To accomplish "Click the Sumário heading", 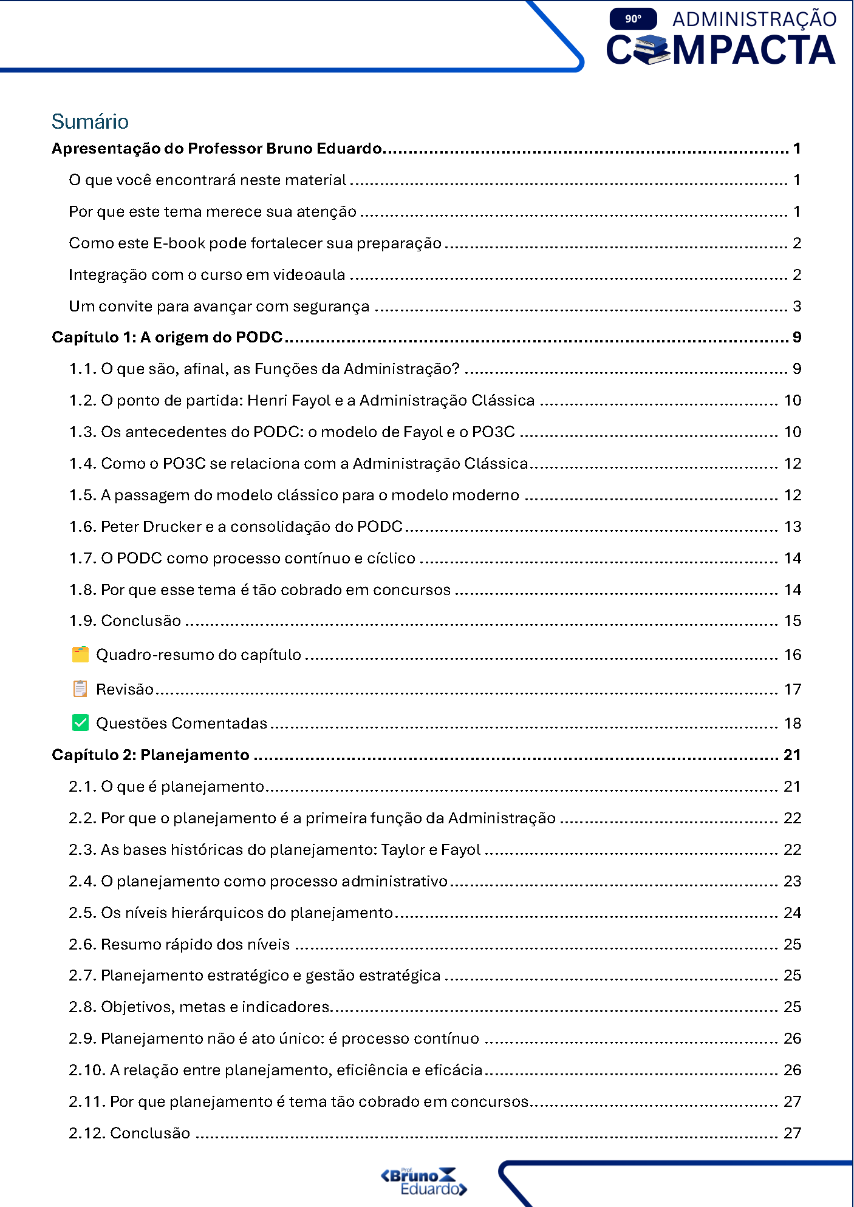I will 90,121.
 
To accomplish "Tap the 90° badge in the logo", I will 633,19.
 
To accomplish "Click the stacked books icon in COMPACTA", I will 652,50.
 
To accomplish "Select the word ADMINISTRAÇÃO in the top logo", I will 754,19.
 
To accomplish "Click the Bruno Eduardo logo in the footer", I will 423,1181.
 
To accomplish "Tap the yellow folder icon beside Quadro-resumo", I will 80,654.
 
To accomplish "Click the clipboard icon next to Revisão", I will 80,688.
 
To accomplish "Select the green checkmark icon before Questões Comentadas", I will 80,722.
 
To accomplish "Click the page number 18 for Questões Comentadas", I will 793,723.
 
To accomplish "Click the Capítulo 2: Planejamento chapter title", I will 151,755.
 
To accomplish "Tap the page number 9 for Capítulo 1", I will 797,338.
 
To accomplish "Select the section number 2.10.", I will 87,1070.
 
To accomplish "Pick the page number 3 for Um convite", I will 797,306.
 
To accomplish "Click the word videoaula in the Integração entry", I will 309,275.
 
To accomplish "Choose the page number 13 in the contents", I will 793,526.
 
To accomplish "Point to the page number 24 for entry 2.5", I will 793,913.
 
